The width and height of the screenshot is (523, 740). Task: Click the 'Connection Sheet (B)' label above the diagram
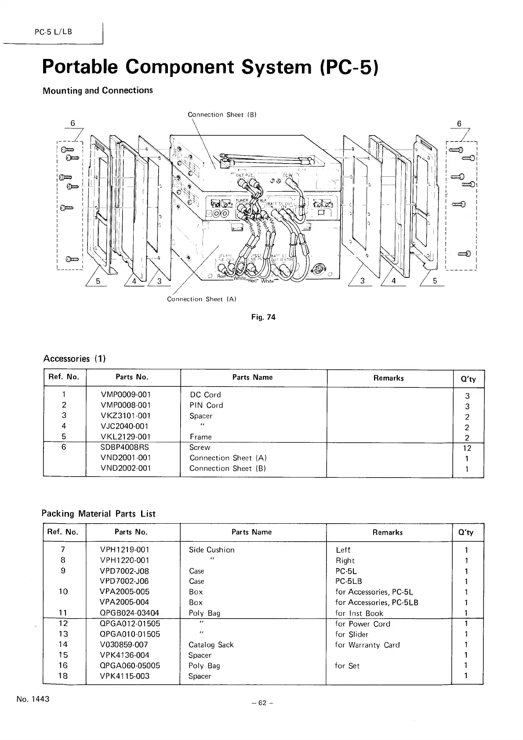[x=222, y=115]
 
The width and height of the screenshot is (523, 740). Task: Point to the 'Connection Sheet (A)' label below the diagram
[x=202, y=299]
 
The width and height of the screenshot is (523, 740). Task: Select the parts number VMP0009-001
[x=126, y=394]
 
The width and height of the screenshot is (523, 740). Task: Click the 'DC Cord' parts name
[x=205, y=394]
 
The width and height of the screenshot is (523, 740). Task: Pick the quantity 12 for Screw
[x=467, y=448]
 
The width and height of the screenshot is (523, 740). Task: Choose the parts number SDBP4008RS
[x=124, y=447]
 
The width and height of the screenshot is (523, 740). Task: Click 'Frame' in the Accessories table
[x=200, y=437]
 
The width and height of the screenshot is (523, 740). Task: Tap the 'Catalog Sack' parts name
[x=211, y=645]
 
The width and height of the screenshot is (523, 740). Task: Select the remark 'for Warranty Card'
[x=367, y=645]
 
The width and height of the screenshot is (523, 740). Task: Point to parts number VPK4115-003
[x=125, y=676]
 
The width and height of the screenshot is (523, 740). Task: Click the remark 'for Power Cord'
[x=363, y=624]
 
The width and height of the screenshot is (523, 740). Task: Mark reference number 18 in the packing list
[x=63, y=676]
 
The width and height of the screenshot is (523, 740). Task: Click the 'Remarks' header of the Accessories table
[x=389, y=378]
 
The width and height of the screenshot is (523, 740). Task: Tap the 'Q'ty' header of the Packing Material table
[x=466, y=532]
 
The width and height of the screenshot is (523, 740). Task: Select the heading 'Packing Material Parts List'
[x=98, y=514]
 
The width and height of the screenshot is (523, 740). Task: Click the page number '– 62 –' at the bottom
[x=263, y=703]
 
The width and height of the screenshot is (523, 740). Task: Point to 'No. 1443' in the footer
[x=33, y=699]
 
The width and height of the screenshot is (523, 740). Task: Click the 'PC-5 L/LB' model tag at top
[x=53, y=32]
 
